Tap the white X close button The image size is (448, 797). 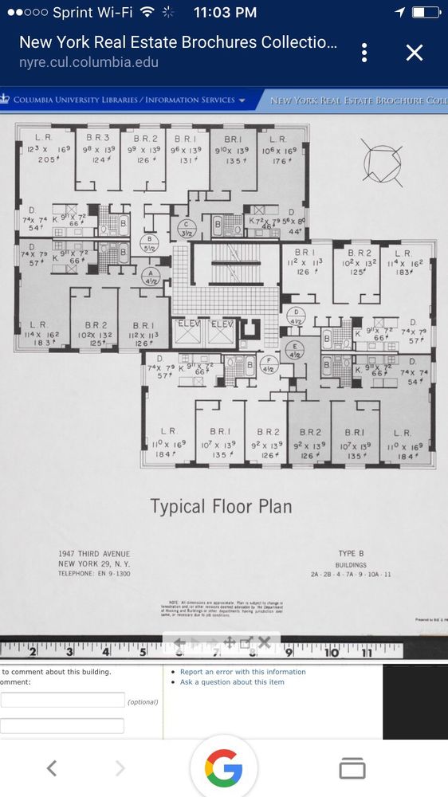pos(414,53)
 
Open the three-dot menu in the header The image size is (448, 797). pos(364,53)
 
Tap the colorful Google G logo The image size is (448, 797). pos(223,768)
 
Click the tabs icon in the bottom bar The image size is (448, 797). pos(352,768)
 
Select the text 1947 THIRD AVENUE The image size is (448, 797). pos(93,555)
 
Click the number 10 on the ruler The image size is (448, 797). pos(331,652)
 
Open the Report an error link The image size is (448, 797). pos(242,672)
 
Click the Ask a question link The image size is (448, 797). pos(231,682)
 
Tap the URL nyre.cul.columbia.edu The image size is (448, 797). pos(88,62)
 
